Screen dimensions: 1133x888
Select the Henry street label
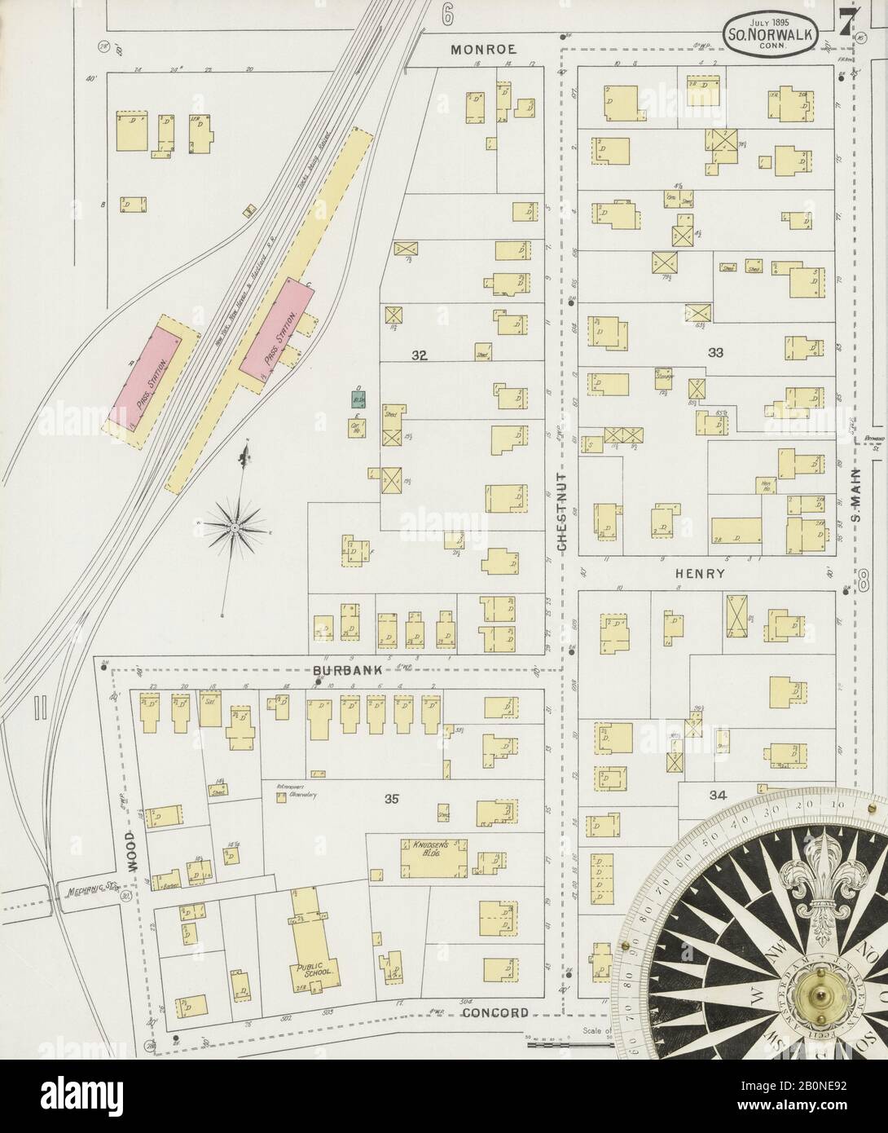[700, 574]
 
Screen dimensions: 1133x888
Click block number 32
[420, 355]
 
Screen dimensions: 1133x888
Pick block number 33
[717, 353]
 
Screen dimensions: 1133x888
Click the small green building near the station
[358, 399]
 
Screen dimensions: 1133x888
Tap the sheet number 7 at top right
[845, 26]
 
